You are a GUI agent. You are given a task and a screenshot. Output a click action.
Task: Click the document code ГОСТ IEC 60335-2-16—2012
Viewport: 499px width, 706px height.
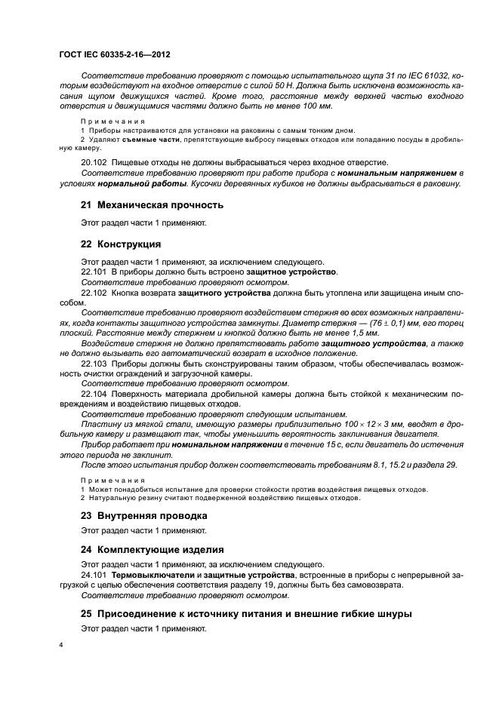[113, 56]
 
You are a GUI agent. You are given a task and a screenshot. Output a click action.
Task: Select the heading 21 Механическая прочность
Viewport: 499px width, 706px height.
[152, 204]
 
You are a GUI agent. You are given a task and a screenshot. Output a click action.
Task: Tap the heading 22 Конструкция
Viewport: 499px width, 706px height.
[121, 244]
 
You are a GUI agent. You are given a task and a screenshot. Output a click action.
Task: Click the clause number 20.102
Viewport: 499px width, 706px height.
[94, 162]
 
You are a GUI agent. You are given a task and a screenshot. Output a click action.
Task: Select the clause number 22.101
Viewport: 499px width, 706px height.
[94, 271]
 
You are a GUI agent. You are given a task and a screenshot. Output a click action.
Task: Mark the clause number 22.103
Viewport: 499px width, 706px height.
[94, 363]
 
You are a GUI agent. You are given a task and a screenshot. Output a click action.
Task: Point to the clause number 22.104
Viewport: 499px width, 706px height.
[94, 394]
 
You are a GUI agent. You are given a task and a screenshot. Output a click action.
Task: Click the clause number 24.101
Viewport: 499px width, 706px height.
[94, 575]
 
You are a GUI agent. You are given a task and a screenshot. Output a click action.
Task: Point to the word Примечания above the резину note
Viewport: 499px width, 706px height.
[113, 480]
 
